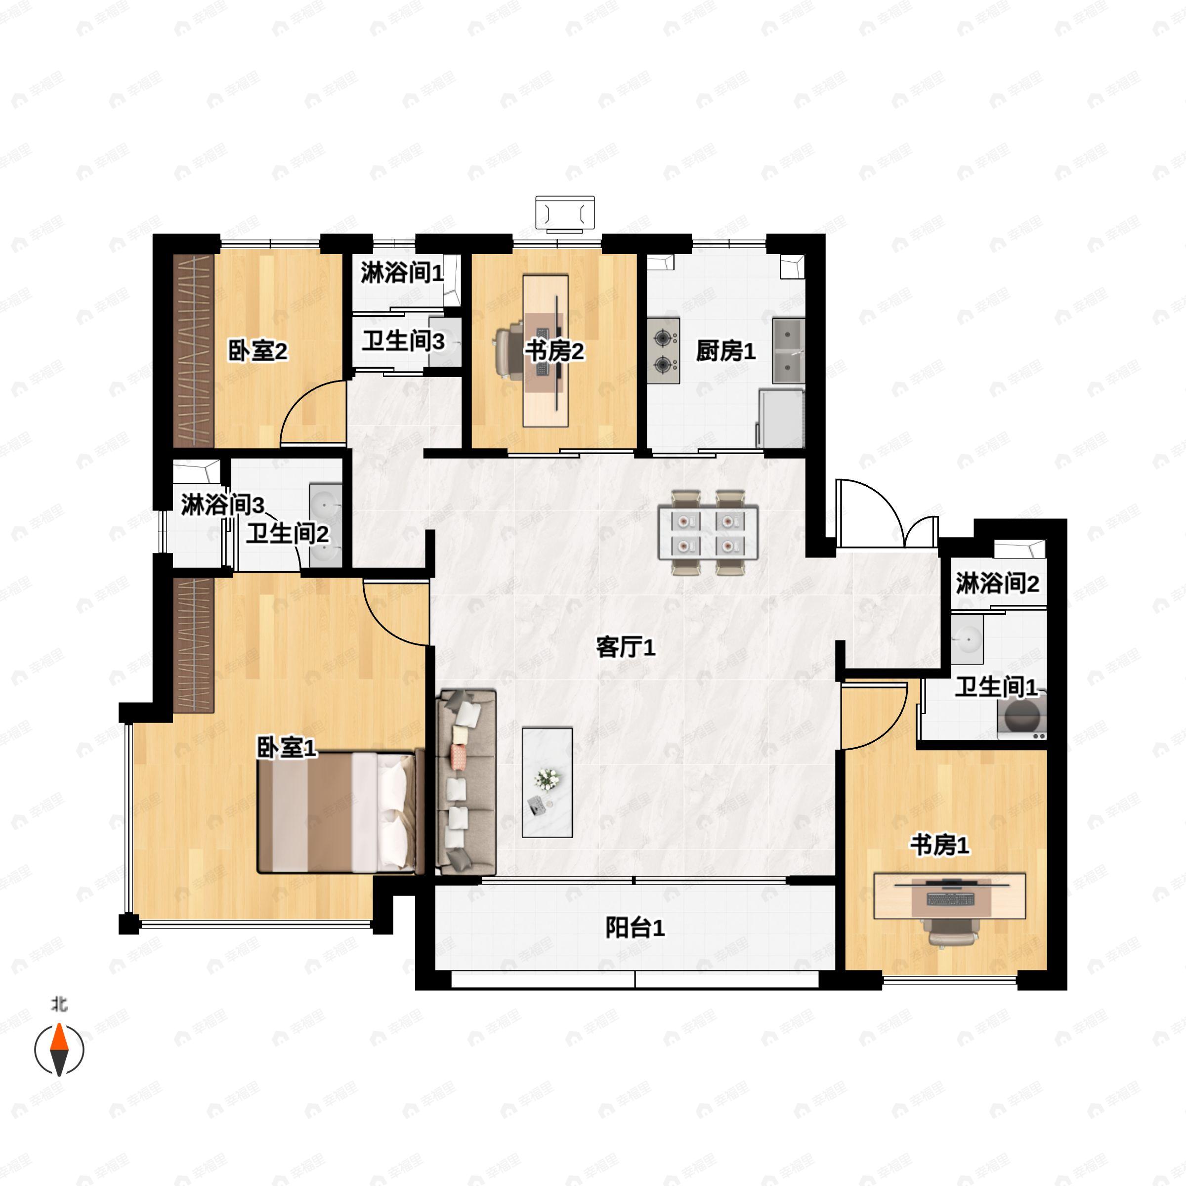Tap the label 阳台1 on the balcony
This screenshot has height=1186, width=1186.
click(x=634, y=928)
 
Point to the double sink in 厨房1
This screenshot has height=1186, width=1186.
click(x=788, y=350)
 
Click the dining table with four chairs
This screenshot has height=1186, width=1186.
click(x=707, y=532)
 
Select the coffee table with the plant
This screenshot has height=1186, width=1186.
click(x=547, y=782)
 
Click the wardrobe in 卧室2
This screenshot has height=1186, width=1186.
click(x=193, y=350)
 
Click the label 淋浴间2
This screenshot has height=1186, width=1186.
click(x=997, y=583)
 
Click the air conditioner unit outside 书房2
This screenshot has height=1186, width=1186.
click(x=565, y=213)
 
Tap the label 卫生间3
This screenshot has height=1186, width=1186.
click(x=403, y=341)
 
